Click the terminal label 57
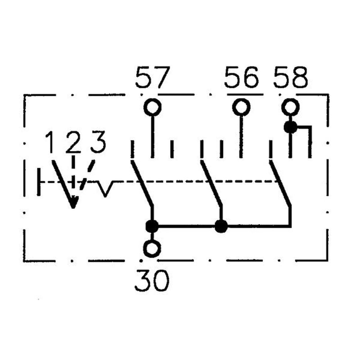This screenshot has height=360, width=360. (x=153, y=77)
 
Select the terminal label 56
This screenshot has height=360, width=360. (x=241, y=77)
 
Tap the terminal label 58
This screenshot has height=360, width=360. (x=290, y=77)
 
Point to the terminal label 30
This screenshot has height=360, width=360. (x=152, y=280)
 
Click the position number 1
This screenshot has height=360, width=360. (x=49, y=142)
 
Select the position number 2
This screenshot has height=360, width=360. (x=73, y=142)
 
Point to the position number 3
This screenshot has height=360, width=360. (x=98, y=142)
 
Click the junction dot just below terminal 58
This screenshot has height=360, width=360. (x=290, y=127)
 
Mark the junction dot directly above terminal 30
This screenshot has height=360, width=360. (x=152, y=226)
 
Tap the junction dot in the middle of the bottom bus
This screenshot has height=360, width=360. (x=221, y=226)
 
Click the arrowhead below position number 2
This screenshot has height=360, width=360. (x=73, y=202)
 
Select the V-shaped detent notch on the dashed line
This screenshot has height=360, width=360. (x=105, y=189)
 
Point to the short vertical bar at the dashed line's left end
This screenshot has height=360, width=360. (x=39, y=182)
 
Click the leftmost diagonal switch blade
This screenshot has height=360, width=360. (x=142, y=183)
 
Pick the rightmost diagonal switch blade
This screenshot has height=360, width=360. (x=280, y=183)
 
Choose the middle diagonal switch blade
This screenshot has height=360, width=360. (x=211, y=183)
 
